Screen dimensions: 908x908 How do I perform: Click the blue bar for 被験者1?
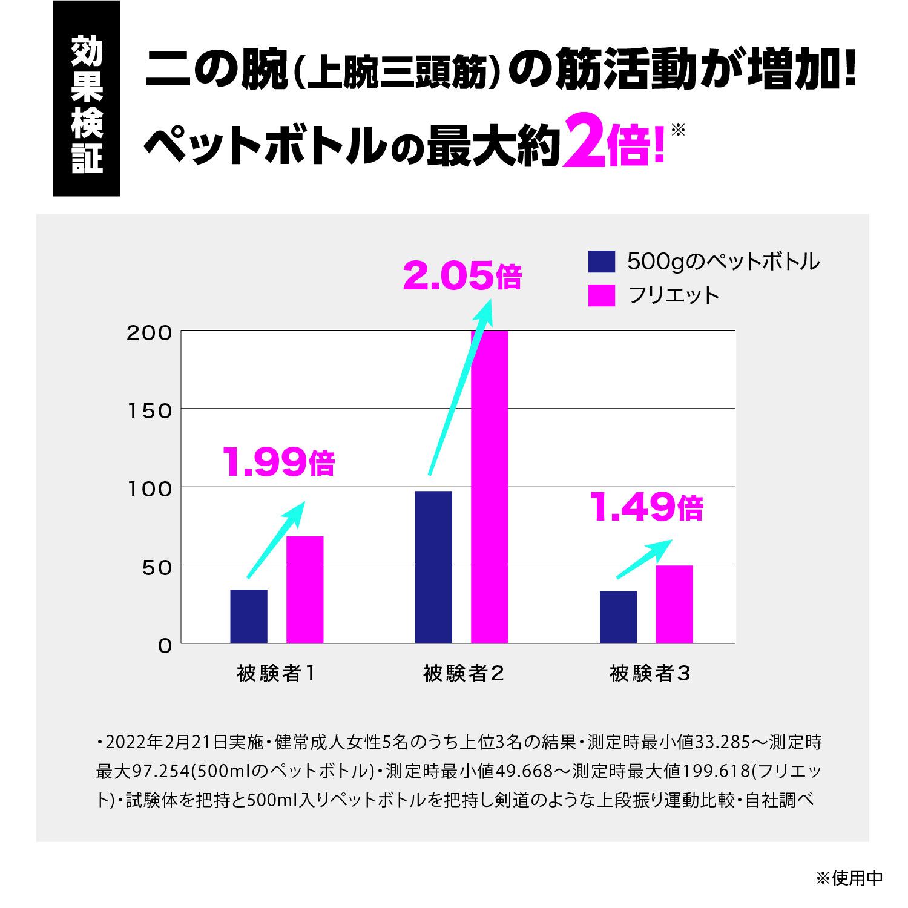[x=248, y=616]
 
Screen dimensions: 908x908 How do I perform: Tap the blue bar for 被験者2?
[x=433, y=567]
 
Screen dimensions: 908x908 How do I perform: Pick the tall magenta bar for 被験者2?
[x=489, y=487]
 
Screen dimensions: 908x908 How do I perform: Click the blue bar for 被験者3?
[x=618, y=617]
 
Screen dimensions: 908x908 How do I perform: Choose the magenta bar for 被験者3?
[x=674, y=604]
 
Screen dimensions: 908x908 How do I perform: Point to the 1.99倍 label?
[x=278, y=462]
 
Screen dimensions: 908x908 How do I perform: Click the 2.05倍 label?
[x=461, y=277]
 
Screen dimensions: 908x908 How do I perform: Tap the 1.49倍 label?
[x=646, y=507]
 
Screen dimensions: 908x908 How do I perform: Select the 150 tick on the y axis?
[x=149, y=411]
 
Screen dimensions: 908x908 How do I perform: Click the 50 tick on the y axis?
[x=156, y=567]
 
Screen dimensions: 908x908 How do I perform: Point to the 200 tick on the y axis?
[x=149, y=333]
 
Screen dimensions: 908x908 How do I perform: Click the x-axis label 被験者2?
[x=463, y=674]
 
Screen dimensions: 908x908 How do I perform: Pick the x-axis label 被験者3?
[x=649, y=674]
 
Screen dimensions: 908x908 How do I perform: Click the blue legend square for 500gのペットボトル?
[x=601, y=262]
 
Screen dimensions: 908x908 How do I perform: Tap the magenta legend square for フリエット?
[x=601, y=295]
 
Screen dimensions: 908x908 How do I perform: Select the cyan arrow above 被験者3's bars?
[x=643, y=558]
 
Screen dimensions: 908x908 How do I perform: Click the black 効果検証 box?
[x=87, y=98]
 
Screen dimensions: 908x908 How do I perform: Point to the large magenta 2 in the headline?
[x=584, y=143]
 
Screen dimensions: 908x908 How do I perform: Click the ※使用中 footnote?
[x=849, y=878]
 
